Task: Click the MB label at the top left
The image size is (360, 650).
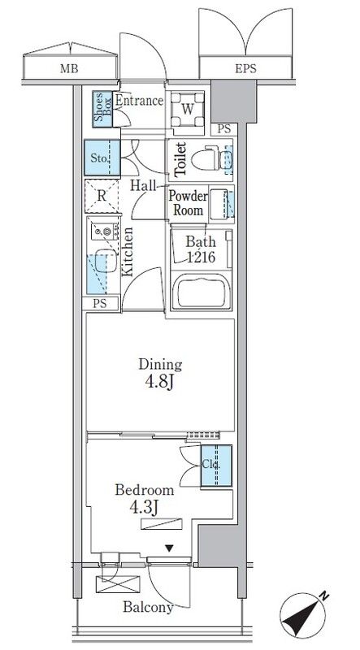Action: tap(69, 69)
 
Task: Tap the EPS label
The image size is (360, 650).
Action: tap(245, 69)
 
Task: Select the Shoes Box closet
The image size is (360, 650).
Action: tap(102, 109)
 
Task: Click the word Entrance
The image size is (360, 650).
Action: tap(139, 101)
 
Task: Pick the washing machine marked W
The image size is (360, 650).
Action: tap(188, 110)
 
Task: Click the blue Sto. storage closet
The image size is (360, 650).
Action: tap(102, 158)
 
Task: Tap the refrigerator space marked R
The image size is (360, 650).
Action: tap(102, 196)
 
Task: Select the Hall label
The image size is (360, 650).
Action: tap(143, 185)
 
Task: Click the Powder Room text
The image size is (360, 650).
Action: tap(188, 203)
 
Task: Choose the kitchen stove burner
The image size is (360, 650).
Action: tap(107, 232)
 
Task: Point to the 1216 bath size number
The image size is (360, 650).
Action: tap(201, 257)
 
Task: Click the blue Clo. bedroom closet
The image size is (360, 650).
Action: tap(216, 466)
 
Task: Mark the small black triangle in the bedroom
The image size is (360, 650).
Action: tap(169, 548)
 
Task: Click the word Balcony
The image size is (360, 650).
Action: tap(148, 607)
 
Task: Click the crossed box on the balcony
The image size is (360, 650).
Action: tap(118, 584)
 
